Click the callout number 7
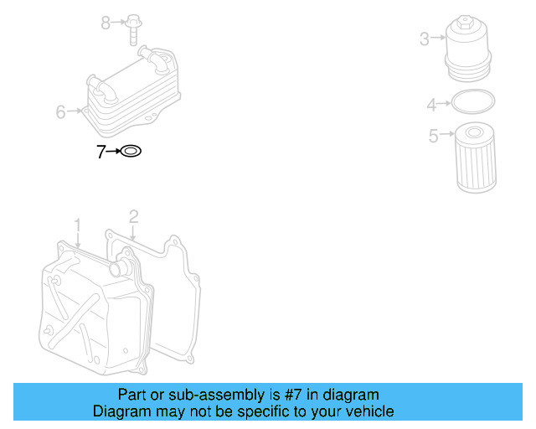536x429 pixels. (x=100, y=152)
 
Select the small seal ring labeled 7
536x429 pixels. (x=132, y=152)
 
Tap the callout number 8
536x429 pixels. (x=106, y=23)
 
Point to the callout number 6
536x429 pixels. (x=60, y=111)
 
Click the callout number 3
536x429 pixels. (x=424, y=39)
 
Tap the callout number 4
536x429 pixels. (x=431, y=105)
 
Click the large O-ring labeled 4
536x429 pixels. (x=472, y=103)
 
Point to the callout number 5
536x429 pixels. (x=433, y=136)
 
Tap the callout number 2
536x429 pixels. (x=132, y=217)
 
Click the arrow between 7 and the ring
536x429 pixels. (x=114, y=152)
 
